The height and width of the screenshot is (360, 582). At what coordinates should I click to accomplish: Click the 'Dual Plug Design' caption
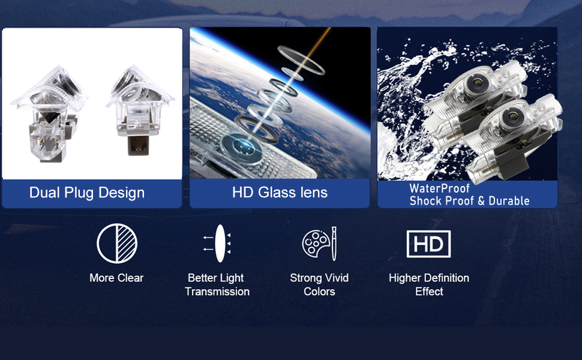coord(87,193)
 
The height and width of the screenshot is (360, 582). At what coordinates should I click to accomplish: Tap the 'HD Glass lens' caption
coord(280,192)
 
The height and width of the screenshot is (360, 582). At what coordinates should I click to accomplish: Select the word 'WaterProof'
coord(439,188)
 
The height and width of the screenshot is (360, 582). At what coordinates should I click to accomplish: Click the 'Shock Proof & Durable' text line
coord(470,201)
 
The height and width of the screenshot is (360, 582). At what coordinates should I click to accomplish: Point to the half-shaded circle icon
coord(117,244)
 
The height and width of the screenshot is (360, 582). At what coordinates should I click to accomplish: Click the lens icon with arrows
coord(218,244)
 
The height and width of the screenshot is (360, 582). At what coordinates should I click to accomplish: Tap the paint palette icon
coord(319,244)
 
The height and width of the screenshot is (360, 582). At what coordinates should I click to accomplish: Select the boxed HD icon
coord(429,244)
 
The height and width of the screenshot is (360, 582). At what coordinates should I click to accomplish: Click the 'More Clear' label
coord(116,278)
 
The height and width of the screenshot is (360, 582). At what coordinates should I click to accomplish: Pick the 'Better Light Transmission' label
coord(217,284)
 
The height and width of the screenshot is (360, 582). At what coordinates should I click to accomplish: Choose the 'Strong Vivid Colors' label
coord(319,284)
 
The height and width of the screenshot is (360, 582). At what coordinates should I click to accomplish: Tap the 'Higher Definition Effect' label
coord(429,284)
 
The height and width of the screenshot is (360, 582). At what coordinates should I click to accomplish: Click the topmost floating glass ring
coord(301,59)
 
